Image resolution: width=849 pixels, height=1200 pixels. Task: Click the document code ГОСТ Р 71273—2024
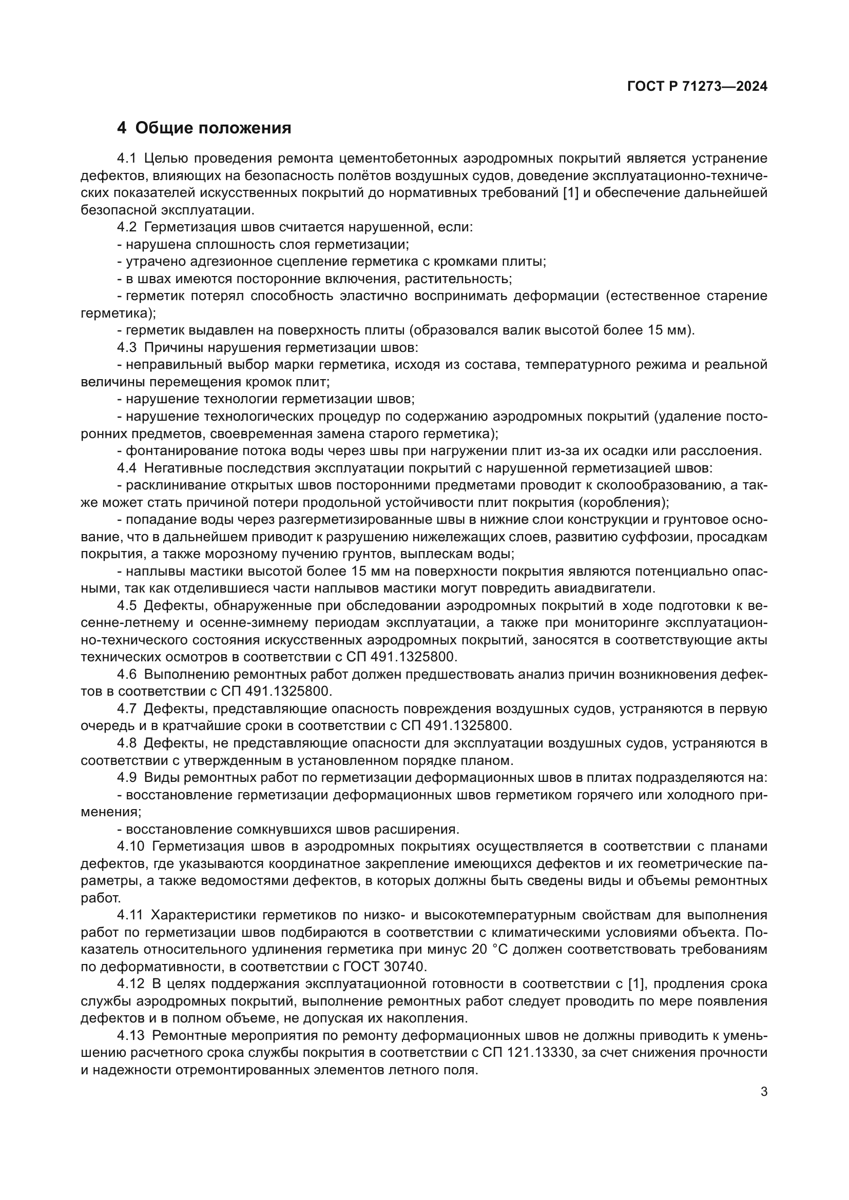(697, 87)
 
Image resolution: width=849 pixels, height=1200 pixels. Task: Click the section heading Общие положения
(213, 128)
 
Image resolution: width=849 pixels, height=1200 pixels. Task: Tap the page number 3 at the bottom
(764, 1092)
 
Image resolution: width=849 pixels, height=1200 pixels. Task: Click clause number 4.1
(126, 159)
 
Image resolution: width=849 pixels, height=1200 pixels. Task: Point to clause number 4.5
(126, 606)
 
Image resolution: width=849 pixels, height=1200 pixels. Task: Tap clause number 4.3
(126, 347)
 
